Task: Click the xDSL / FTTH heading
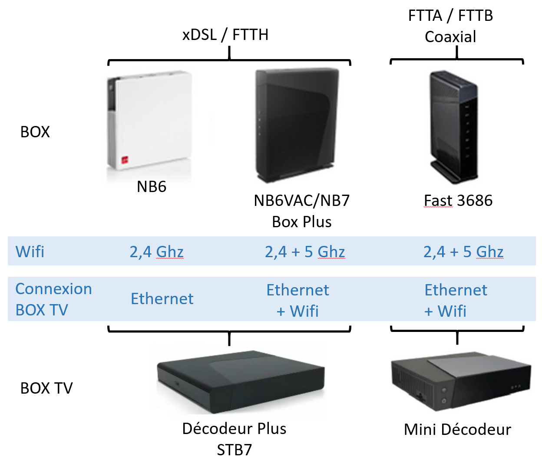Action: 225,34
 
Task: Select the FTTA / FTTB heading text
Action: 450,16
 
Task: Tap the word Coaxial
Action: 450,37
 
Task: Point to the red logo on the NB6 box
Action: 125,160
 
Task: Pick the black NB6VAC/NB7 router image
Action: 297,125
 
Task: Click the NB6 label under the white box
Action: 152,187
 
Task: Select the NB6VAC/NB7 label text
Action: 302,201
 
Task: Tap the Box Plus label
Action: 302,222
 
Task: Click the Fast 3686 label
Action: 458,201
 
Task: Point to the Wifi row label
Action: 30,252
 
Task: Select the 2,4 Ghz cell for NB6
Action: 156,252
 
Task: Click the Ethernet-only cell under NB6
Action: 162,299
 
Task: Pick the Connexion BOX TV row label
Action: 53,299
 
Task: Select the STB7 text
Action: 235,450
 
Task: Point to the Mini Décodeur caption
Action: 457,430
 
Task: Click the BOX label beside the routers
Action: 35,132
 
